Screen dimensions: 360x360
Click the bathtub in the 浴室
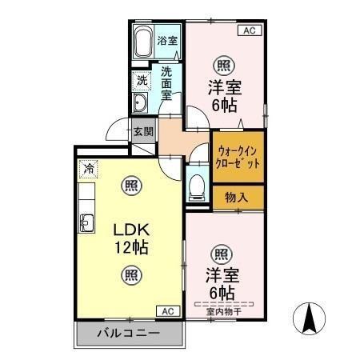click(x=142, y=42)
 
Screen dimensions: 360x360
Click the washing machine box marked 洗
click(x=141, y=80)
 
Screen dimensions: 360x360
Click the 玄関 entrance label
click(x=143, y=132)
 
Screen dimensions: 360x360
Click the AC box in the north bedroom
click(x=248, y=30)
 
